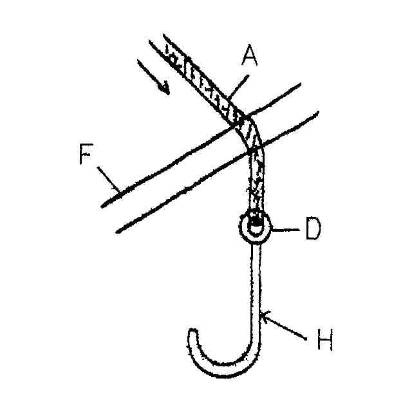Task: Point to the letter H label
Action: (324, 341)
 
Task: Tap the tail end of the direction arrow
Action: (140, 62)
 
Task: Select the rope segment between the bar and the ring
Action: (256, 183)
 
